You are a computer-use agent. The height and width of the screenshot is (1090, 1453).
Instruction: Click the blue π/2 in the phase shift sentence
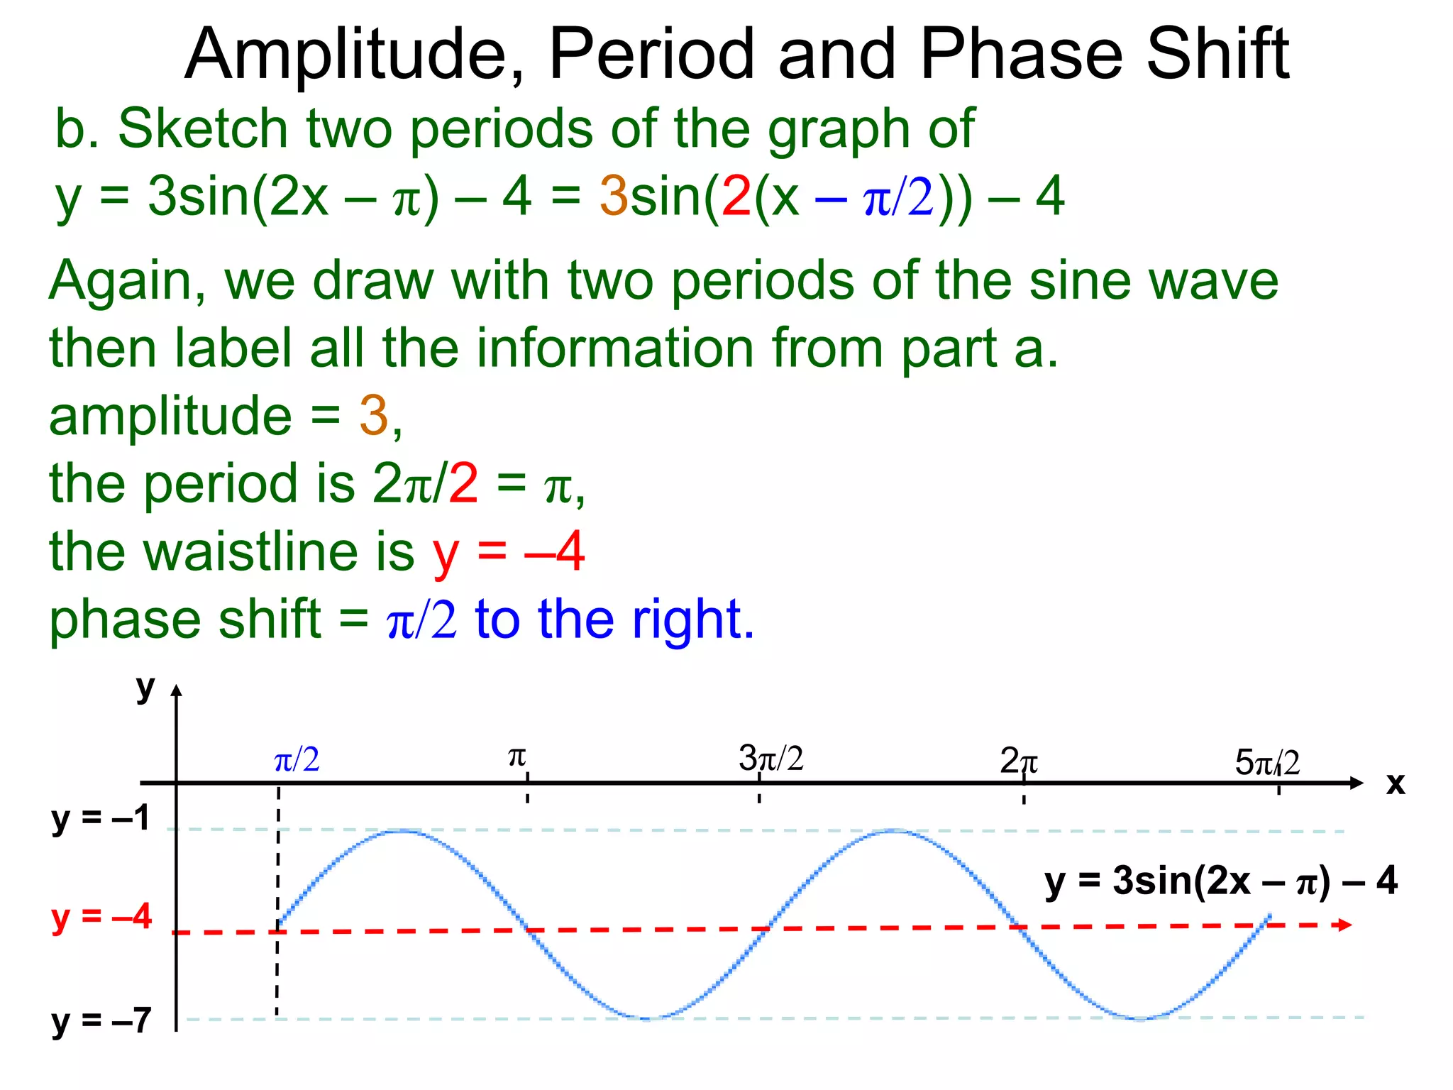(x=421, y=620)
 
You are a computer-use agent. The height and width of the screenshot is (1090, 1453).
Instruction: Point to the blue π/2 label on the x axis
(x=297, y=761)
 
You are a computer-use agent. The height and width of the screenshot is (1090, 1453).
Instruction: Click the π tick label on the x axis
(x=517, y=758)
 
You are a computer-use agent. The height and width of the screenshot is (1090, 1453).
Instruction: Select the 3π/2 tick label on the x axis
(x=770, y=759)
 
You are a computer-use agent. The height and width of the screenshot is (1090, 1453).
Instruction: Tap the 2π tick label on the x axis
(x=1018, y=762)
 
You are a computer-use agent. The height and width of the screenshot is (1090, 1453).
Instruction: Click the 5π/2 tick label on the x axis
(x=1267, y=763)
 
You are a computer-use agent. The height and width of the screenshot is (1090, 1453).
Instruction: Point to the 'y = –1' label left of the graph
(x=101, y=819)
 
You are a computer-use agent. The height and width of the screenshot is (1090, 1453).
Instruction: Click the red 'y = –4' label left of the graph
(x=101, y=918)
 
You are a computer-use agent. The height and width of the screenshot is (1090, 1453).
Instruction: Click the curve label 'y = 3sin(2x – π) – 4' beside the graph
(x=1220, y=881)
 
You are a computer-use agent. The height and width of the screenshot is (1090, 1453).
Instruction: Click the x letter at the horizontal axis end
(x=1395, y=784)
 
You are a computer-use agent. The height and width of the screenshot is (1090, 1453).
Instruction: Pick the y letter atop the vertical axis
(x=145, y=687)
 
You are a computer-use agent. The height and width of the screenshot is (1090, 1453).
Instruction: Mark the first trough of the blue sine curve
(x=648, y=1018)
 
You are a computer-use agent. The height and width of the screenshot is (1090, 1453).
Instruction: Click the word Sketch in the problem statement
(x=203, y=129)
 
